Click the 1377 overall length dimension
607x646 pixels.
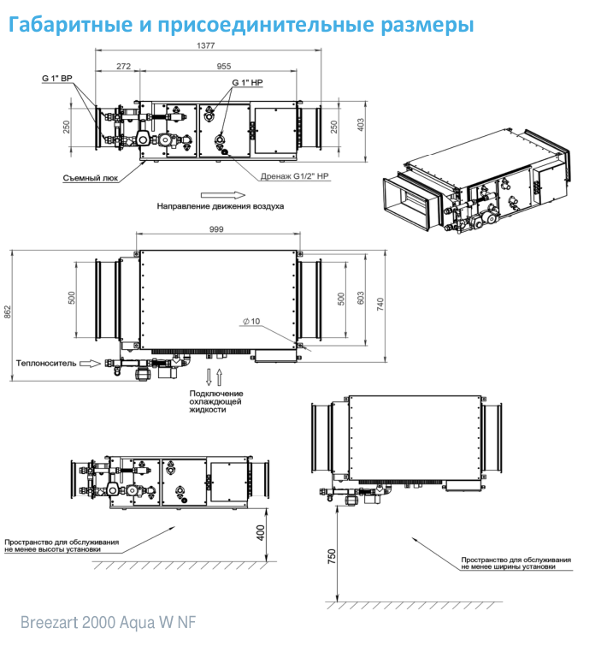point(206,45)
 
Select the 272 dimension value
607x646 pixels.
point(123,66)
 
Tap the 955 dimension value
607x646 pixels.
point(224,66)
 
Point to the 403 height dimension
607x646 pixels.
point(361,125)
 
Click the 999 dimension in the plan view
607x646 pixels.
point(216,229)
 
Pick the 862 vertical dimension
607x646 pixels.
point(8,311)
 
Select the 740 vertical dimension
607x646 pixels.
point(380,304)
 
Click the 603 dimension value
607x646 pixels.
point(361,299)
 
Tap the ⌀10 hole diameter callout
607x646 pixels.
point(251,321)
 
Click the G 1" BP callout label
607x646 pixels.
point(57,78)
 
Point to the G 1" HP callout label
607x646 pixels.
point(247,82)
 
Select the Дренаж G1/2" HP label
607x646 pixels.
point(295,176)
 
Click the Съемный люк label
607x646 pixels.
point(91,178)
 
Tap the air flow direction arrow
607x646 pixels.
point(223,195)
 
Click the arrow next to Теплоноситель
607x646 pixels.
point(90,364)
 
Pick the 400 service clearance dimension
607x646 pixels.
point(261,533)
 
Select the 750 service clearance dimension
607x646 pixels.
point(332,556)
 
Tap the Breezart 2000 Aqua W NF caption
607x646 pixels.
point(109,622)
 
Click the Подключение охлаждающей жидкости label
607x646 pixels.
point(216,401)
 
